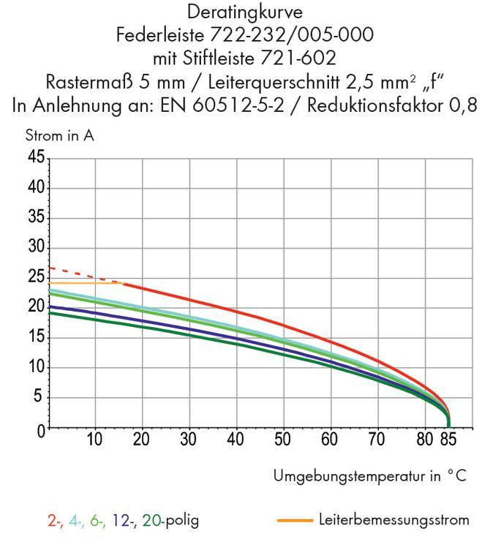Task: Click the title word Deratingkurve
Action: click(x=245, y=13)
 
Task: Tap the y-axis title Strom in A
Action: click(x=60, y=135)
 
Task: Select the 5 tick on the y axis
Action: click(x=39, y=398)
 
